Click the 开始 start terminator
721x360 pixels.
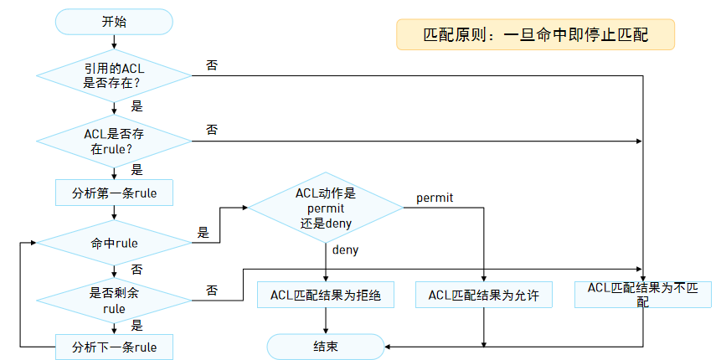(x=114, y=22)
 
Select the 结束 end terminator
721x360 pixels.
(x=326, y=347)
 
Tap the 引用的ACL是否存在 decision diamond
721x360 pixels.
(x=114, y=76)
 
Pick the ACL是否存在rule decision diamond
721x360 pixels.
(x=114, y=141)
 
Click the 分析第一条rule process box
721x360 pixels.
(x=114, y=193)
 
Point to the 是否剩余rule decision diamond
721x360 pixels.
(x=114, y=301)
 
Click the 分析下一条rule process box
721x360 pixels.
(x=114, y=347)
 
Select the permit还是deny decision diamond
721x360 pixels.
(x=326, y=208)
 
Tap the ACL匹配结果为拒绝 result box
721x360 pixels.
(x=326, y=295)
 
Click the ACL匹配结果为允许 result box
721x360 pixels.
(x=484, y=295)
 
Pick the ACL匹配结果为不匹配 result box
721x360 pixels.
(x=643, y=295)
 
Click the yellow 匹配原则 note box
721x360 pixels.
(x=536, y=34)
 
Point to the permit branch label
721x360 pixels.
(x=435, y=198)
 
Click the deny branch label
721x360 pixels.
(x=345, y=250)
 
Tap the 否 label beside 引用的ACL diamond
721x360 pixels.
(x=212, y=64)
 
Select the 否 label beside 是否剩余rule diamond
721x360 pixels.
(x=212, y=291)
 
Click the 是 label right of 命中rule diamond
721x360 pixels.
(x=203, y=233)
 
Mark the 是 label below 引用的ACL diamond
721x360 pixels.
(x=136, y=106)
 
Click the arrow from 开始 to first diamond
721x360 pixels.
(x=114, y=42)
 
